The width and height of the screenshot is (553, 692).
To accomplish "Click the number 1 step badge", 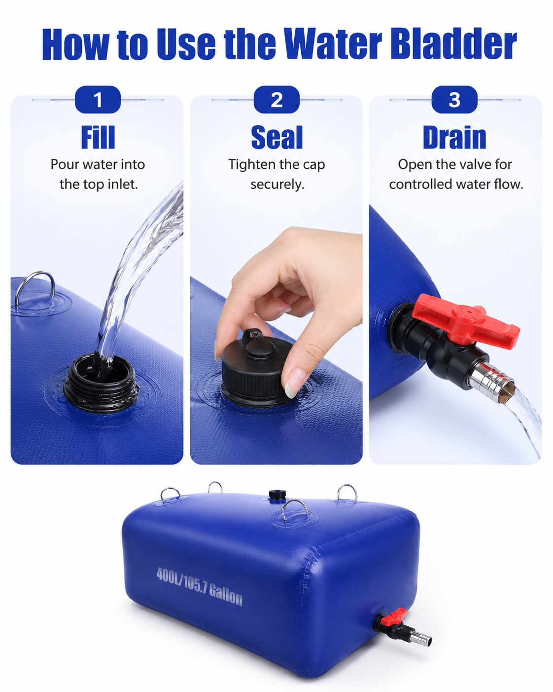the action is tap(98, 99).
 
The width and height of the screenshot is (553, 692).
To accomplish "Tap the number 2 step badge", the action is tap(276, 99).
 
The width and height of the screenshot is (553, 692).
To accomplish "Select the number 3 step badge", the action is tap(454, 99).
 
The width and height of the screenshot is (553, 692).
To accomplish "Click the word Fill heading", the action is tap(98, 137).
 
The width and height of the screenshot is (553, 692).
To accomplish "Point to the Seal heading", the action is tap(277, 137).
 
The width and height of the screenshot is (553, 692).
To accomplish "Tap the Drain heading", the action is tap(454, 137).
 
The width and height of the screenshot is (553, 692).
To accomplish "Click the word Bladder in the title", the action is tap(453, 44).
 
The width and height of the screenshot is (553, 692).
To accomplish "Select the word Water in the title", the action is tap(332, 44).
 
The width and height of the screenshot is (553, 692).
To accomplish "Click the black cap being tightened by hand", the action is tap(257, 370).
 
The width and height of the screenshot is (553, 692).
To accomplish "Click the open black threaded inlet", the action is tap(101, 383).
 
